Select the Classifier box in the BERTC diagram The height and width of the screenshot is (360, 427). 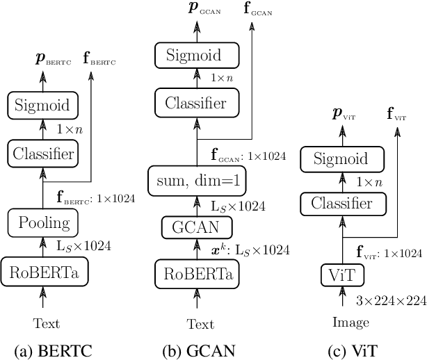(43, 152)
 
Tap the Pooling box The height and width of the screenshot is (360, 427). (43, 223)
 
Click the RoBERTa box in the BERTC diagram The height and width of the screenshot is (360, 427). (43, 272)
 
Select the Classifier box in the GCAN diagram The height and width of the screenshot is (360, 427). (195, 104)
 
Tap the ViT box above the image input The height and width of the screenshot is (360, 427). (340, 275)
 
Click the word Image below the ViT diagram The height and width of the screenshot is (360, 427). (351, 322)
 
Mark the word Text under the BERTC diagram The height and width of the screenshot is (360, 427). (47, 323)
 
